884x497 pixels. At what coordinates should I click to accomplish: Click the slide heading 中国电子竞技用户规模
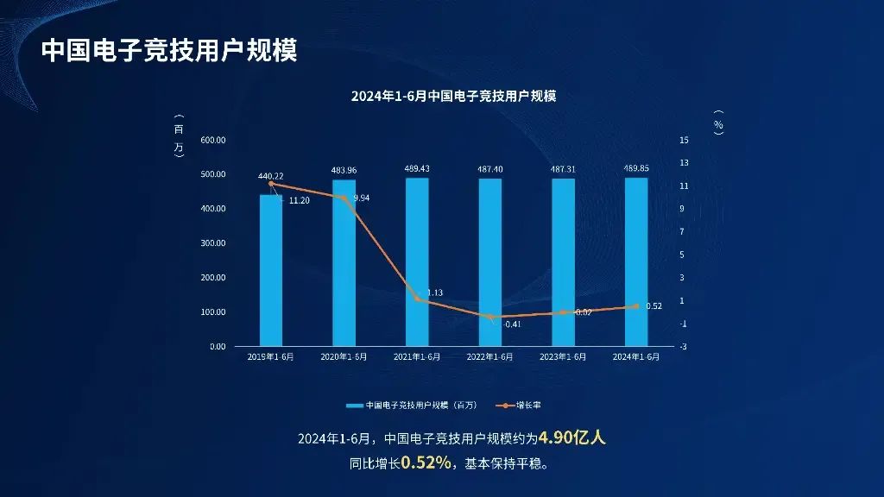pyautogui.click(x=169, y=50)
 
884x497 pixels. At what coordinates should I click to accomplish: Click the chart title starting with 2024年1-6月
pyautogui.click(x=453, y=97)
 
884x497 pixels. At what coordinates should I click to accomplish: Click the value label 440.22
pyautogui.click(x=271, y=176)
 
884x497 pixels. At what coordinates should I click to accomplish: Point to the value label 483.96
pyautogui.click(x=344, y=170)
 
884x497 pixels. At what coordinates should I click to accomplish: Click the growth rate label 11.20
pyautogui.click(x=299, y=200)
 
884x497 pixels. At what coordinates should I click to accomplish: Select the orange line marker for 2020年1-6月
pyautogui.click(x=344, y=198)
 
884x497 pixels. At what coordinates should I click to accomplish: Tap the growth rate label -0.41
pyautogui.click(x=512, y=324)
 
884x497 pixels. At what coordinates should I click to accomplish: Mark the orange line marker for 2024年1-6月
pyautogui.click(x=636, y=306)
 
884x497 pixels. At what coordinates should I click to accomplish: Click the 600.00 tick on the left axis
pyautogui.click(x=212, y=140)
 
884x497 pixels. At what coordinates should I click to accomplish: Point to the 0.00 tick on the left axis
pyautogui.click(x=217, y=346)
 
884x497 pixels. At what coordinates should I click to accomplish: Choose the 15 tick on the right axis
pyautogui.click(x=684, y=140)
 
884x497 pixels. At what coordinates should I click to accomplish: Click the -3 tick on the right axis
pyautogui.click(x=684, y=346)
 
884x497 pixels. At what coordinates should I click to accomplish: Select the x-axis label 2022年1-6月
pyautogui.click(x=489, y=357)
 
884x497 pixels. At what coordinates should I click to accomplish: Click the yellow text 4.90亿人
pyautogui.click(x=572, y=438)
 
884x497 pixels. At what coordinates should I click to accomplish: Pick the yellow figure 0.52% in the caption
pyautogui.click(x=426, y=463)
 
